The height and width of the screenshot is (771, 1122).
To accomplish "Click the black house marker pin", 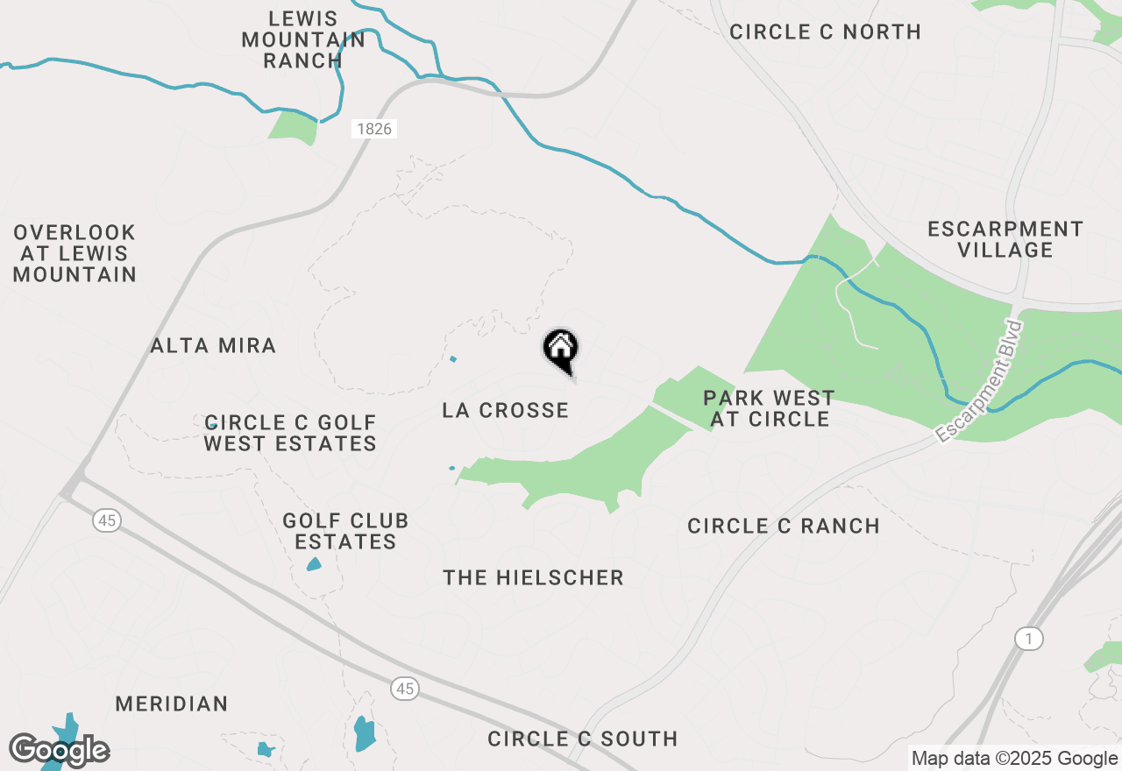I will click(561, 350).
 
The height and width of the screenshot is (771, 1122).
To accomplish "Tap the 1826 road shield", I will click(375, 129).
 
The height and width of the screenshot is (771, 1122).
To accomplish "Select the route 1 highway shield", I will click(1030, 639).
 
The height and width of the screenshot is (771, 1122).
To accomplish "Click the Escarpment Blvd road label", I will click(979, 382).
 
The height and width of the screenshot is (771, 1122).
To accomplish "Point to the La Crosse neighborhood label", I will click(506, 410).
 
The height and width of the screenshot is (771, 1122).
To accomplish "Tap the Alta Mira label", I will click(213, 345).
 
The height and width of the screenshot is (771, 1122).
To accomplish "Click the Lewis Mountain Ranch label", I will click(303, 39).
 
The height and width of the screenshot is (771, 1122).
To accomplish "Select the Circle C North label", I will click(825, 32).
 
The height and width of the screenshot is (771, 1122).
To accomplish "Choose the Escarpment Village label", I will click(1005, 239).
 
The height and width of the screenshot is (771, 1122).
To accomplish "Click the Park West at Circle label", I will click(769, 408).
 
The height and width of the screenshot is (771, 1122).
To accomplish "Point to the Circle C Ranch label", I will click(784, 526).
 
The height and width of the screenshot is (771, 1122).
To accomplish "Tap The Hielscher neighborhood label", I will click(533, 577).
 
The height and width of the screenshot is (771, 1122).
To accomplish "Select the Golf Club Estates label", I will click(345, 531).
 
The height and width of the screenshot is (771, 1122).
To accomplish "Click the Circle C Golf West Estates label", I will click(290, 434).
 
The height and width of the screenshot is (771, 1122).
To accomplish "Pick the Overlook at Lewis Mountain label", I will click(75, 253).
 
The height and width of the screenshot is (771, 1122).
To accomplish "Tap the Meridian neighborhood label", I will click(172, 704).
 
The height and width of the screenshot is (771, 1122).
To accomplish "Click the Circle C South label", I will click(583, 739).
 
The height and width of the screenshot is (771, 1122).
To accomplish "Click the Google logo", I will click(60, 751).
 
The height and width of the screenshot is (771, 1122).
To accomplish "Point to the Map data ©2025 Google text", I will click(1014, 759).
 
